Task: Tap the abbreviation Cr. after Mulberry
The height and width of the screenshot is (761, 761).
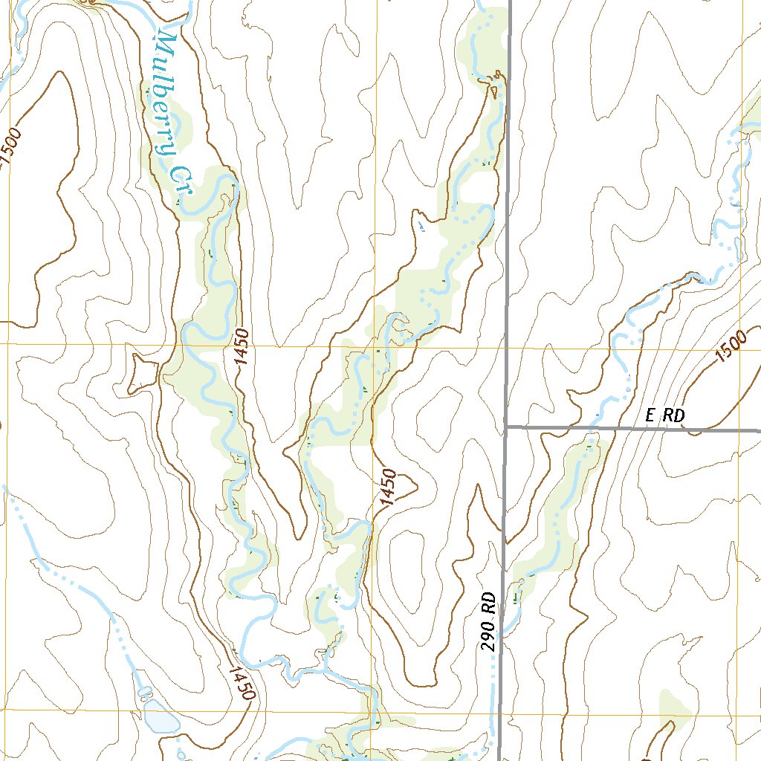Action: [x=180, y=182]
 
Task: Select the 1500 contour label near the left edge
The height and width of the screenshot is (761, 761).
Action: [x=12, y=149]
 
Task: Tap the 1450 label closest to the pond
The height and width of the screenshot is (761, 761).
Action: [x=242, y=683]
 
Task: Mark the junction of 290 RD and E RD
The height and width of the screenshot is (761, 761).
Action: [x=506, y=427]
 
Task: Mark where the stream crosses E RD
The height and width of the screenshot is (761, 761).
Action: [x=592, y=429]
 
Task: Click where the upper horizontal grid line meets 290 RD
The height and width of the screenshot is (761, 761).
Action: [x=508, y=347]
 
